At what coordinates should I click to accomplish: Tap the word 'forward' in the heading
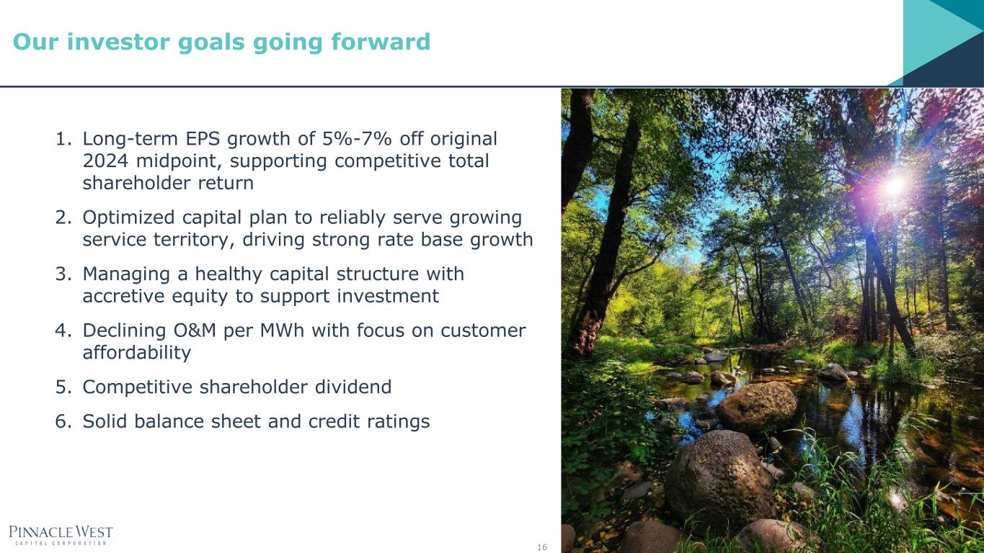[381, 42]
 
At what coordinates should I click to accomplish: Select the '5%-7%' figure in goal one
[357, 139]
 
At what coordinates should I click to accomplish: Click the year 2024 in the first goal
[105, 161]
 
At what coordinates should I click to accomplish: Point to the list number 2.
[63, 217]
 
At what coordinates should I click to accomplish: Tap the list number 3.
[63, 274]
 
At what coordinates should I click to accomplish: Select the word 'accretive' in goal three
[123, 296]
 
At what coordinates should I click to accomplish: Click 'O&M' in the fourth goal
[195, 331]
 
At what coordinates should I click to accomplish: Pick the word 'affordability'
[137, 353]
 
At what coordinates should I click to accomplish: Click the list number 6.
[63, 421]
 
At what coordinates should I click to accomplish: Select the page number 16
[542, 547]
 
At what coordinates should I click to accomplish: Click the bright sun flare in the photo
[892, 186]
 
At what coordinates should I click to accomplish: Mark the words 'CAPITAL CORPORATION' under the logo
[61, 544]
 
